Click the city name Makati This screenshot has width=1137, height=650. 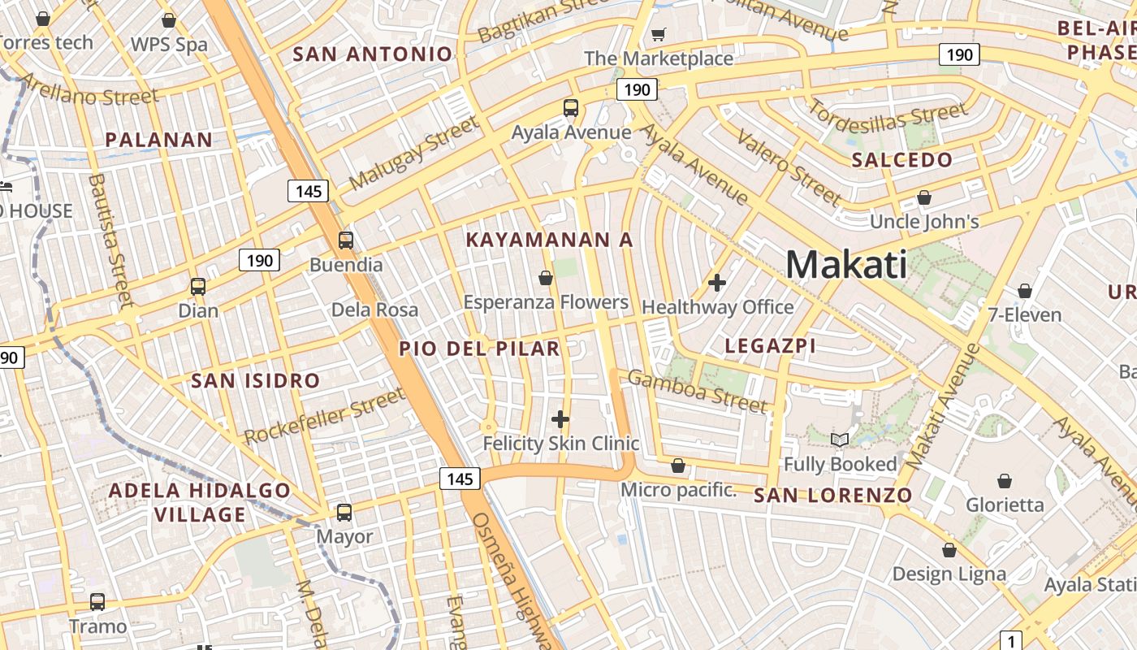click(x=846, y=265)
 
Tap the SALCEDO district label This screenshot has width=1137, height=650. click(x=901, y=160)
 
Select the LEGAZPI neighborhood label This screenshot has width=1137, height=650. click(x=770, y=346)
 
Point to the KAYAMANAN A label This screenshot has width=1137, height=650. click(x=549, y=240)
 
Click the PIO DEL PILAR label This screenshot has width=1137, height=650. click(x=479, y=349)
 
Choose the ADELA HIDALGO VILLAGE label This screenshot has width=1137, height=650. click(x=200, y=502)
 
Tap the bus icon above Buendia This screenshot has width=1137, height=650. click(x=346, y=240)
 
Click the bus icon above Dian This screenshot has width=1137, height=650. click(x=197, y=286)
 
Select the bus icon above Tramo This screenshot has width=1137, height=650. click(x=97, y=602)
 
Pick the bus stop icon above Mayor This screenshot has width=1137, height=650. click(x=344, y=513)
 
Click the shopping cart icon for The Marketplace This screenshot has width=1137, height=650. click(x=659, y=34)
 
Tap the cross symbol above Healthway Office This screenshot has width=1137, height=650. click(x=717, y=283)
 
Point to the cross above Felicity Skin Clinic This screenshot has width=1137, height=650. click(x=560, y=419)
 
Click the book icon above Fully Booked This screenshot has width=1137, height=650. click(x=840, y=440)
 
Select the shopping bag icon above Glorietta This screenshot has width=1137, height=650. click(x=1005, y=481)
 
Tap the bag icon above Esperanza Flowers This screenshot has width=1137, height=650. click(x=546, y=279)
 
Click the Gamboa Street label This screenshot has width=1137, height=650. click(x=697, y=390)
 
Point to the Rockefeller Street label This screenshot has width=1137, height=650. click(x=325, y=416)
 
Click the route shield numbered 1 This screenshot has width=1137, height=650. click(x=1010, y=639)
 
